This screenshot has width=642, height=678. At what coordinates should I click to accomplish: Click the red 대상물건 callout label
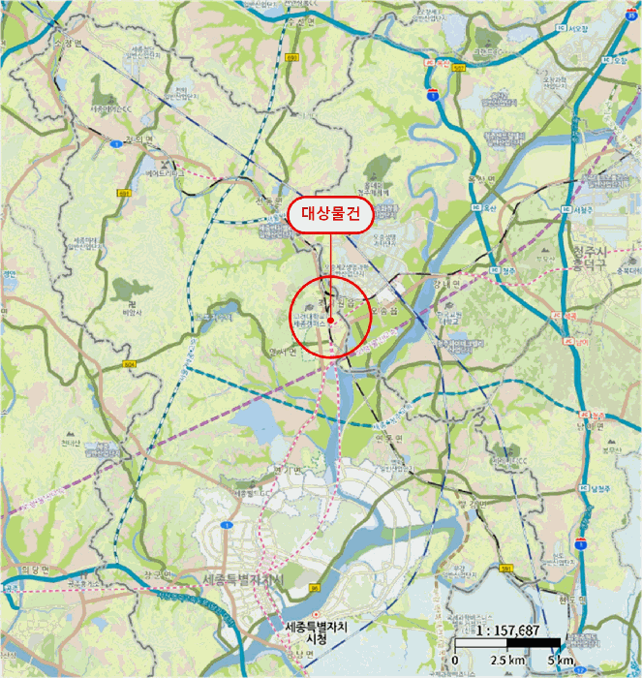click(x=330, y=215)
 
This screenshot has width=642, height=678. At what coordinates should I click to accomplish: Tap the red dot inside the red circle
click(x=330, y=319)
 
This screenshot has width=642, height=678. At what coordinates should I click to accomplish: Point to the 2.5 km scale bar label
click(x=506, y=661)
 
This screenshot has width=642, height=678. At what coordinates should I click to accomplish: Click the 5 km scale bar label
click(x=560, y=661)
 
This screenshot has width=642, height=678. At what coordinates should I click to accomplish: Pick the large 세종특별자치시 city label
click(x=242, y=579)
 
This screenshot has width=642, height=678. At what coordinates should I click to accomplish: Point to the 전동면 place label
click(x=267, y=200)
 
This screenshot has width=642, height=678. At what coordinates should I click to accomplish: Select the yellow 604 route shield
click(x=130, y=364)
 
